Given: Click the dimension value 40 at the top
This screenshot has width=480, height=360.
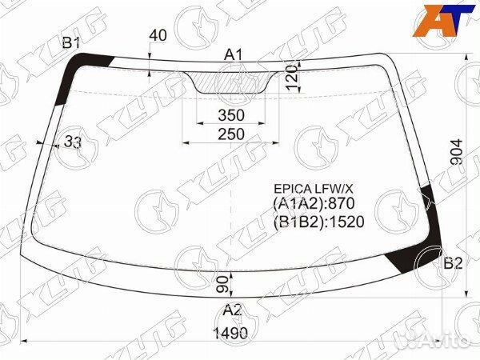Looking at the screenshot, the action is pyautogui.click(x=158, y=35).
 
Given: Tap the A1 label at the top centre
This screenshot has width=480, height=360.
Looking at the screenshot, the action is pyautogui.click(x=234, y=55).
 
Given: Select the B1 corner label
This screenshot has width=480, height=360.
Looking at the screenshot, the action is pyautogui.click(x=71, y=42).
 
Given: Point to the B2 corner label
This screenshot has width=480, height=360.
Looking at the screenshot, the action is pyautogui.click(x=453, y=262).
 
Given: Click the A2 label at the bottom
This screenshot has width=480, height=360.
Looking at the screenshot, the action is pyautogui.click(x=232, y=310).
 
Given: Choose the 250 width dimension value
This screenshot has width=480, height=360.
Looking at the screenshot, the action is pyautogui.click(x=231, y=134).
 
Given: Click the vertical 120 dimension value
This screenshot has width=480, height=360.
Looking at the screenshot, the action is pyautogui.click(x=292, y=77).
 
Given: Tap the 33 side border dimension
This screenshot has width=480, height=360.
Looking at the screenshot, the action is pyautogui.click(x=73, y=142).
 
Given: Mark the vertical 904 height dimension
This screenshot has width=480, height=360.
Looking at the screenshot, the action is pyautogui.click(x=457, y=152).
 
